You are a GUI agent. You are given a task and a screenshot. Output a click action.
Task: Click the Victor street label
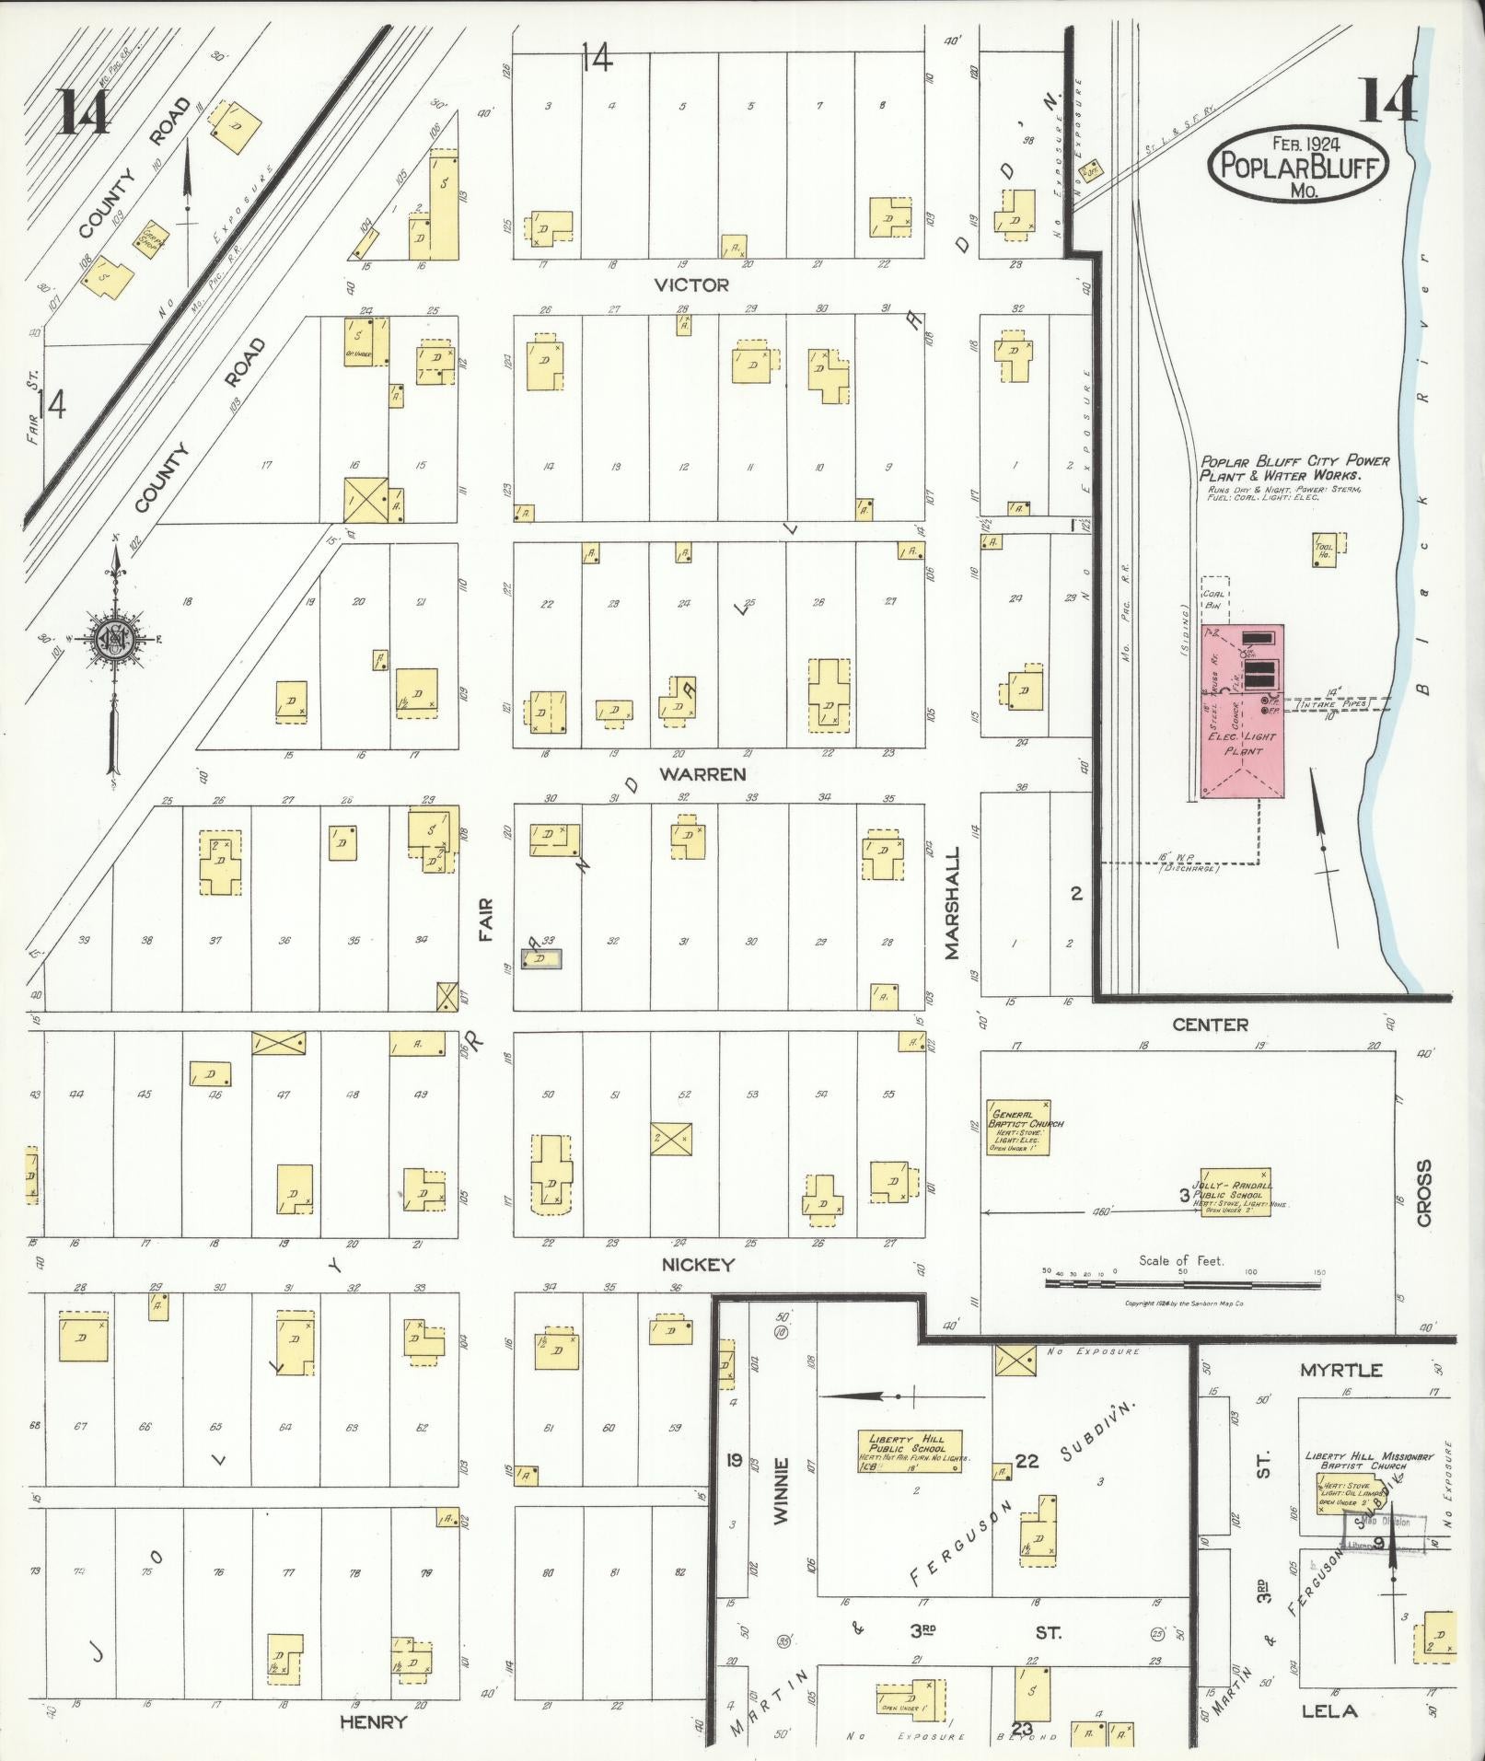tap(691, 285)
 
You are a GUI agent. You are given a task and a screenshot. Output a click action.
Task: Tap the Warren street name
tap(702, 774)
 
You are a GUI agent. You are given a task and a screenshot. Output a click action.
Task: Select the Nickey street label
tap(699, 1265)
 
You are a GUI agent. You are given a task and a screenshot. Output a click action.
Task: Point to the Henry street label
tap(373, 1721)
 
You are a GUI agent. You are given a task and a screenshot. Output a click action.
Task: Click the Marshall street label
tap(952, 903)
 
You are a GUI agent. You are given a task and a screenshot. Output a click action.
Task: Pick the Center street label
tap(1211, 1025)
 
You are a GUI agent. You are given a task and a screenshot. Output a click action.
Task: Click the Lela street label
tap(1329, 1711)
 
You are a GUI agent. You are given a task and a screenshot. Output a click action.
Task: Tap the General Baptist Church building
tap(1018, 1127)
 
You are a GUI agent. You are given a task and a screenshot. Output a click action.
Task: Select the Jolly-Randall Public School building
tap(1235, 1192)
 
